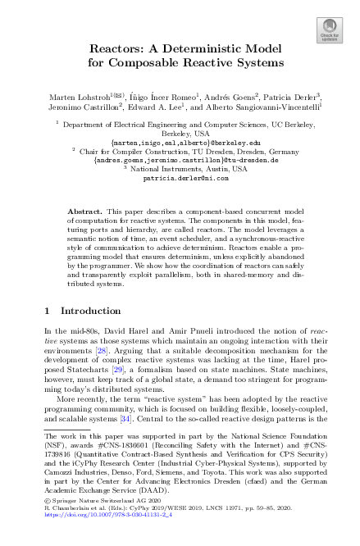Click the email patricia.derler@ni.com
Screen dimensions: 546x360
click(x=180, y=176)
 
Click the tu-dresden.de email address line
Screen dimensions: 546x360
click(x=180, y=161)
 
